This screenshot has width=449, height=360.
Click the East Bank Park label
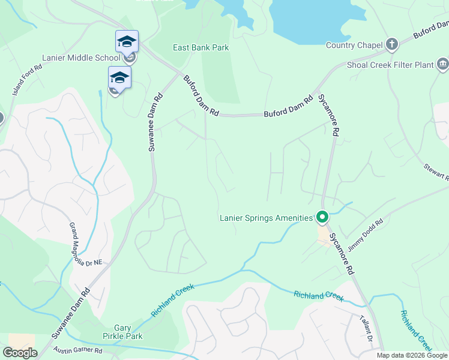200,47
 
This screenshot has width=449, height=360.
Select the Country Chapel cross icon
391,45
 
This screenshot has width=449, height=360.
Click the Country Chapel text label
354,45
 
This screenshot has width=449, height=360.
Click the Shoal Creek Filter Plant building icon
443,64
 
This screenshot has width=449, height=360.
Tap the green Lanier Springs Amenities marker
322,217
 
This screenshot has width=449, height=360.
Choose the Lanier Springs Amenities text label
266,218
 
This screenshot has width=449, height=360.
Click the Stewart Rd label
436,170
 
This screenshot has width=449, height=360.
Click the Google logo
20,352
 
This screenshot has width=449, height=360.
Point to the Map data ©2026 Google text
412,355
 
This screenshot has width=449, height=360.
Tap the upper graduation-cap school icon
127,41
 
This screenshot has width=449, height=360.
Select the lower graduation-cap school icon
119,77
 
